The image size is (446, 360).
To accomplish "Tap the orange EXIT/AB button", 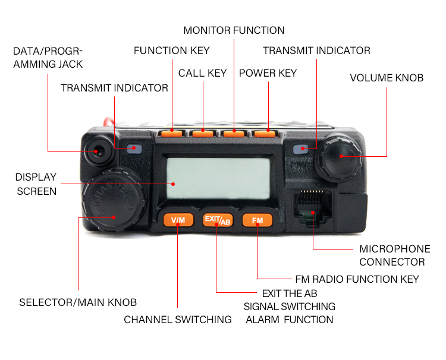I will (x=217, y=220).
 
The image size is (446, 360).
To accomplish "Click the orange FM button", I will (x=257, y=220).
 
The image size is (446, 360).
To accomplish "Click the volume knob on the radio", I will (x=341, y=156).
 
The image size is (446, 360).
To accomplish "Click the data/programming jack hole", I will (x=96, y=151).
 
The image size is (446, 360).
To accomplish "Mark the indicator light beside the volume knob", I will (x=304, y=149).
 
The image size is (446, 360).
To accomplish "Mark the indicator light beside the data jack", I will (x=134, y=149).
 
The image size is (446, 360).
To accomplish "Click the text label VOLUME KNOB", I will (x=387, y=78).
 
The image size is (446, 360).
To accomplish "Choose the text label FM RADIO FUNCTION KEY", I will (x=357, y=279).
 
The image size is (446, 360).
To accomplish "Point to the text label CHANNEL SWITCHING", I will (x=177, y=320).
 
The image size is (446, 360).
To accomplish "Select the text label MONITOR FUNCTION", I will (x=234, y=30).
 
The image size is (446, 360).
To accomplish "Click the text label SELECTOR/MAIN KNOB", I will (x=78, y=302).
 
